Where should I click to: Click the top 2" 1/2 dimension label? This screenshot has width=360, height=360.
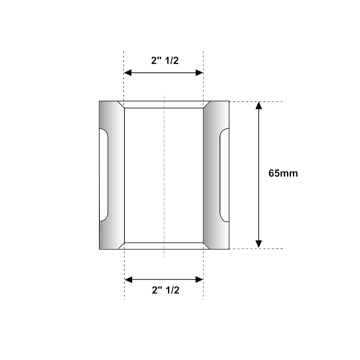165,60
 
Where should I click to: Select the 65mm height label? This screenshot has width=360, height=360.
283,173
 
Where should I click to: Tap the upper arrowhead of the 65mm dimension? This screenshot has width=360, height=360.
258,106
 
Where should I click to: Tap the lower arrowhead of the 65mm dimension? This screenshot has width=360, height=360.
258,244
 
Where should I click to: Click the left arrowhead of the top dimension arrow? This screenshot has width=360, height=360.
127,73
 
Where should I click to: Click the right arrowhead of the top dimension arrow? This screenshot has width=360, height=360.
200,73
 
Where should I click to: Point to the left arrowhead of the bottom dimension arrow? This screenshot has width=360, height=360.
128,279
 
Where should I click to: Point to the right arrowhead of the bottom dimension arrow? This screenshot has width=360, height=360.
200,279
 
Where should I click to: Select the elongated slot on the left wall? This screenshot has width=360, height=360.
104,175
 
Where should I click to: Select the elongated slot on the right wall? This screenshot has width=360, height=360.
224,175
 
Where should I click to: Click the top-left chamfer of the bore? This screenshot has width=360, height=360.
121,105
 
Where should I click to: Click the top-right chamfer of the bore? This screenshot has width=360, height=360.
207,105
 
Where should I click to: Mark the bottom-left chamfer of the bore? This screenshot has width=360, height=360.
121,246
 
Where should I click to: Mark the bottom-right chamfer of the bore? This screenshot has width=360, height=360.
207,246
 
